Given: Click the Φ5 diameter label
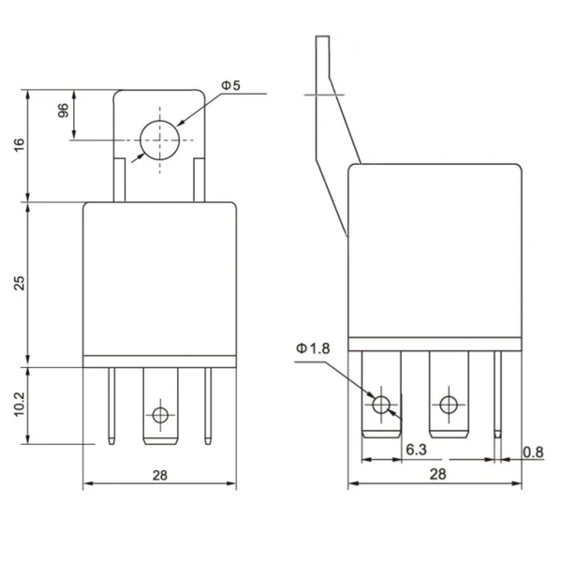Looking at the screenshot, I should tap(230, 85).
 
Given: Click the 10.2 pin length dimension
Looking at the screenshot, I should tap(20, 404).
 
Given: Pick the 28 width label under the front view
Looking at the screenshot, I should tap(160, 475).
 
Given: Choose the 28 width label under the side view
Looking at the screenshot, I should tap(436, 475).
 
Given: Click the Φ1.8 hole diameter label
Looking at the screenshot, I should tap(314, 348).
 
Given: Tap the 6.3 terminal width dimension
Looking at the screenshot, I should tap(418, 450).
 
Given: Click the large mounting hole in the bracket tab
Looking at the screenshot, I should tap(160, 140).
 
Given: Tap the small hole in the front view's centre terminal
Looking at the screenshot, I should tap(160, 414).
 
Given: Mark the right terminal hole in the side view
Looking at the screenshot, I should tap(448, 405).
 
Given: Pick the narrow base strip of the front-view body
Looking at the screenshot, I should tap(160, 361).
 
